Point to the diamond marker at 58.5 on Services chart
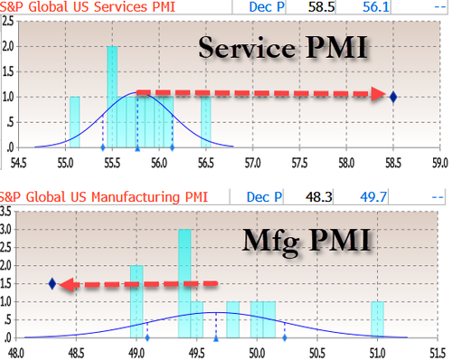point(393,96)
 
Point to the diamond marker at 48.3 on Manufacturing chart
point(52,284)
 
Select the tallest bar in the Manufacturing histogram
point(184,276)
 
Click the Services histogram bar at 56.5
point(205,121)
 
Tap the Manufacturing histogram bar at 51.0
point(377,322)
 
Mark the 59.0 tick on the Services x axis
point(439,164)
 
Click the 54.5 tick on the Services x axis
point(17,164)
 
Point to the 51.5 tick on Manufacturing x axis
point(437,353)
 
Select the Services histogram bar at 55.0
point(74,121)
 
